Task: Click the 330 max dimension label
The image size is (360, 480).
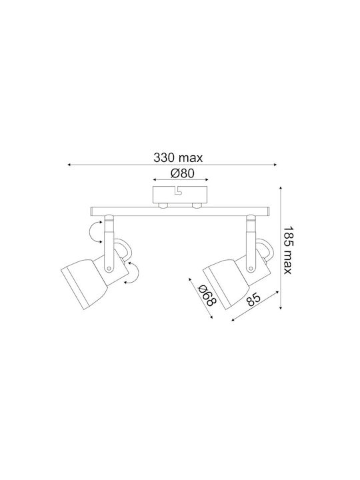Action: point(178,158)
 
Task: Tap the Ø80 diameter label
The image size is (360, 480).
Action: point(182,173)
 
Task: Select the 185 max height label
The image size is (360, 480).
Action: point(288,250)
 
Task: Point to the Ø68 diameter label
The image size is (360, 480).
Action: point(207,295)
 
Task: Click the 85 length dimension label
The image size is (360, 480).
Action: point(253,300)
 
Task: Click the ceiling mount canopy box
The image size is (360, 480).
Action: point(180,195)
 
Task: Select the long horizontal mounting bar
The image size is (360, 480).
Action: point(180,211)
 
